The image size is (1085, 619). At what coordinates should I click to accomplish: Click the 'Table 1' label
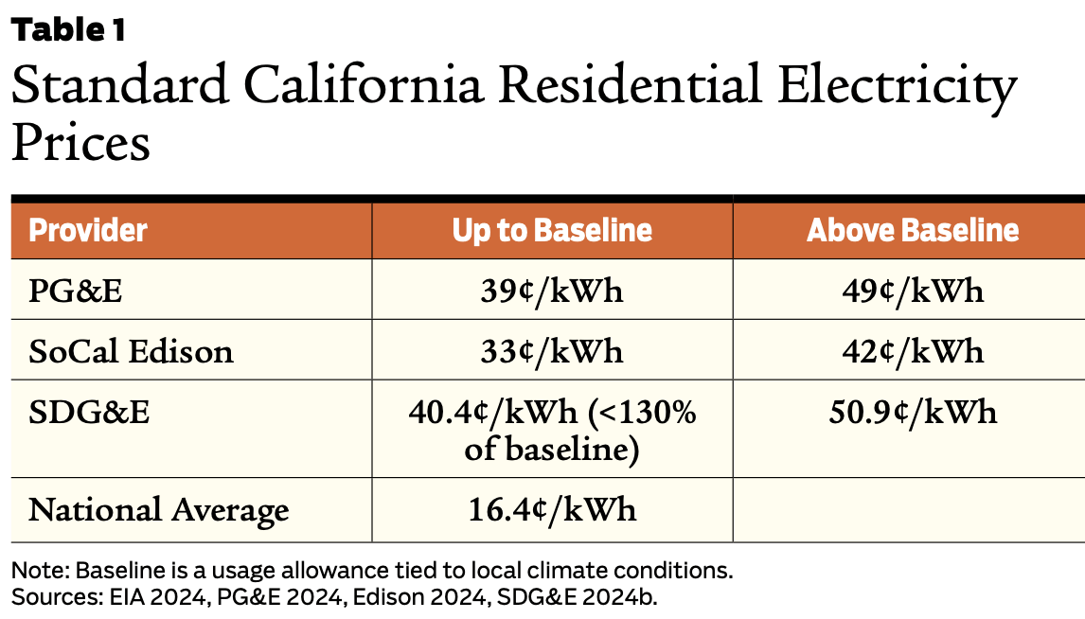pos(68,30)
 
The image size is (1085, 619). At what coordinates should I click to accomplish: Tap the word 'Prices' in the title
pos(80,143)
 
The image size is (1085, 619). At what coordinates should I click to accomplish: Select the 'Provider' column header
pos(88,231)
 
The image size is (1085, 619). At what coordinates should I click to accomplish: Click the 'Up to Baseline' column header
pos(552,231)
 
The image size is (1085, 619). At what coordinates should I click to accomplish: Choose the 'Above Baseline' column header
pos(913,231)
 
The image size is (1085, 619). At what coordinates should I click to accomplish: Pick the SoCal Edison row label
pos(131,351)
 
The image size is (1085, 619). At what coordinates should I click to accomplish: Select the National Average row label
pos(158,510)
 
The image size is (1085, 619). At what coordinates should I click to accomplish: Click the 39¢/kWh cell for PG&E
pos(552,291)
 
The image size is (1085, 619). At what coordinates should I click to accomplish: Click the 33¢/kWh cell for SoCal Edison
pos(552,351)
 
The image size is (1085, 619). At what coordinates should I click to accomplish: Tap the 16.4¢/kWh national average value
pos(552,510)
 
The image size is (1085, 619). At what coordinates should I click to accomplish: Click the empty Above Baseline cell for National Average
pos(909,510)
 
